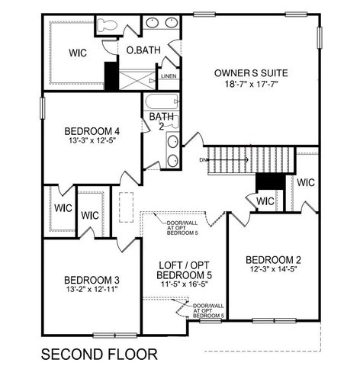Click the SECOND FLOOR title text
point(98,354)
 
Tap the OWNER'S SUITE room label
point(250,73)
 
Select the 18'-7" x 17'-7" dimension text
point(250,86)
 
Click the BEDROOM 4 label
point(91,130)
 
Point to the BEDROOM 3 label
point(91,278)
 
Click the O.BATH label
point(143,50)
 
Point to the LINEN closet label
point(169,76)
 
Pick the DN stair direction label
point(203,160)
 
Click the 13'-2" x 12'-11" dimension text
point(91,291)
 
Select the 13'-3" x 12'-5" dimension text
point(91,142)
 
